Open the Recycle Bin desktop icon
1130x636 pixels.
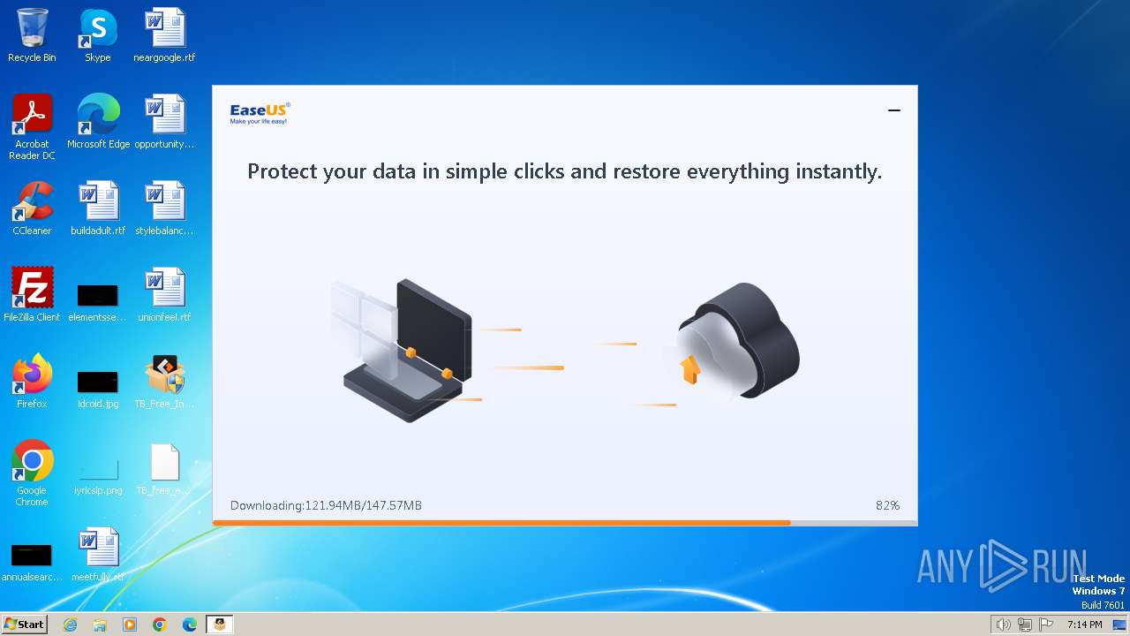pos(32,28)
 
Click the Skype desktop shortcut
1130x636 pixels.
pos(97,28)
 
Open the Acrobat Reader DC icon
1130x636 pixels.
pos(32,115)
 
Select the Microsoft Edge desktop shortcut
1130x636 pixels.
pos(98,115)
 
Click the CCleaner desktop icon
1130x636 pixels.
pos(32,201)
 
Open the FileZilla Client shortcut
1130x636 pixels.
pos(32,288)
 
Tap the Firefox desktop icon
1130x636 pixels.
pos(32,375)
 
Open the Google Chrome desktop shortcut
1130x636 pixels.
pos(32,461)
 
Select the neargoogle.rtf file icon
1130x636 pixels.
pos(164,28)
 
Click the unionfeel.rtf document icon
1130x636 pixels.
pos(164,288)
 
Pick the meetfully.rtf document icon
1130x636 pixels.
pos(98,548)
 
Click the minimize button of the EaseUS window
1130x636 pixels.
pos(894,110)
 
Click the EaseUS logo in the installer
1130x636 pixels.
pos(260,113)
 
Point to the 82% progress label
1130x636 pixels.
pos(887,505)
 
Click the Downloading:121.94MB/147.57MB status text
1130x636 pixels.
pos(326,505)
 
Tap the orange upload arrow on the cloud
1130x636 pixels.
pos(690,369)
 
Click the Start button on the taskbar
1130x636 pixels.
pos(24,625)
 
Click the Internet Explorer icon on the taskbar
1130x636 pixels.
pos(70,625)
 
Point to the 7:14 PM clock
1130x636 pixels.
pos(1084,625)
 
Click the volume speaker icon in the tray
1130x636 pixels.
pos(1003,625)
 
